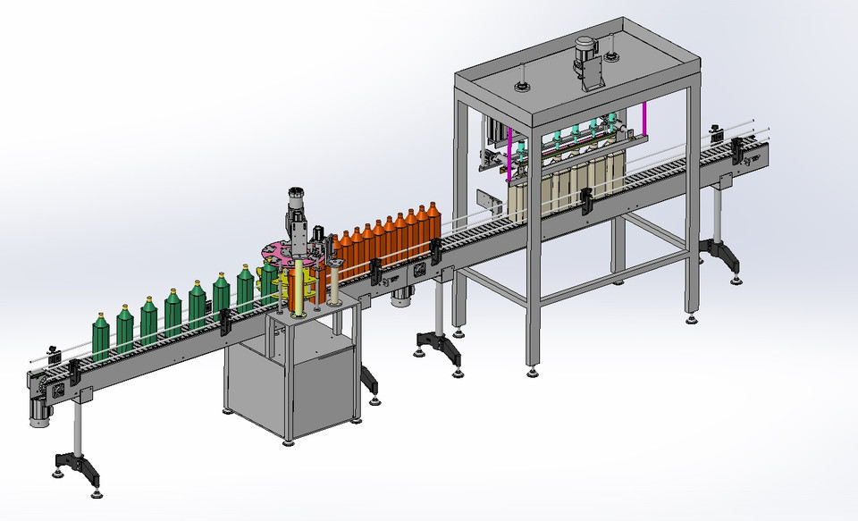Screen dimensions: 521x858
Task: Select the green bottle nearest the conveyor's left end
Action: tap(101, 337)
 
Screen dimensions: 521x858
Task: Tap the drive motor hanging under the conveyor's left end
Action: tap(40, 409)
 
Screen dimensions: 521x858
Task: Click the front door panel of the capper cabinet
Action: tap(322, 393)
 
